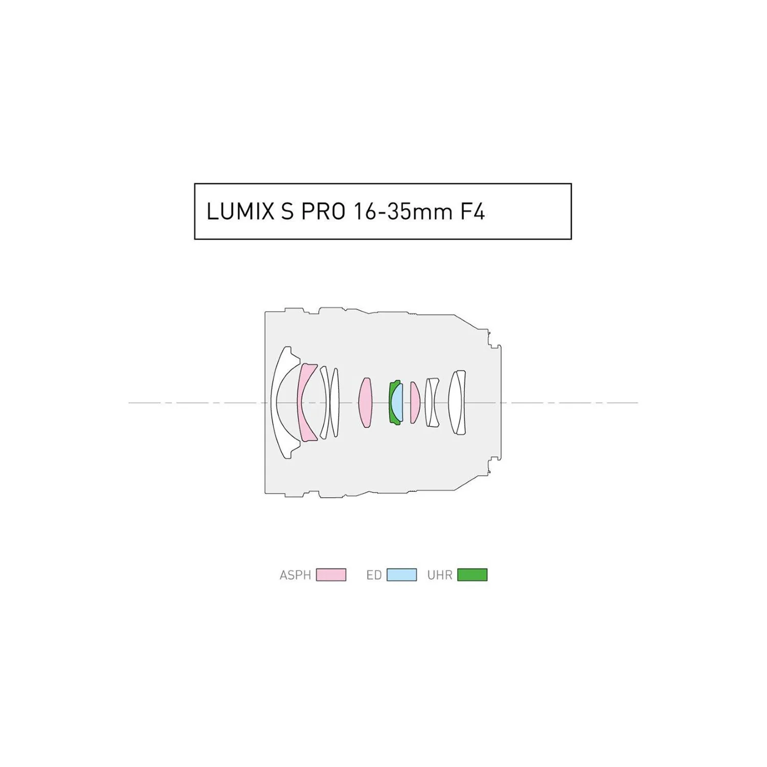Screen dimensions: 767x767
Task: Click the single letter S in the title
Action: (x=288, y=212)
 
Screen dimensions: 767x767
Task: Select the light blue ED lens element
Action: (x=398, y=403)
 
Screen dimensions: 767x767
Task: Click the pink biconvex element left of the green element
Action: (x=365, y=403)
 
